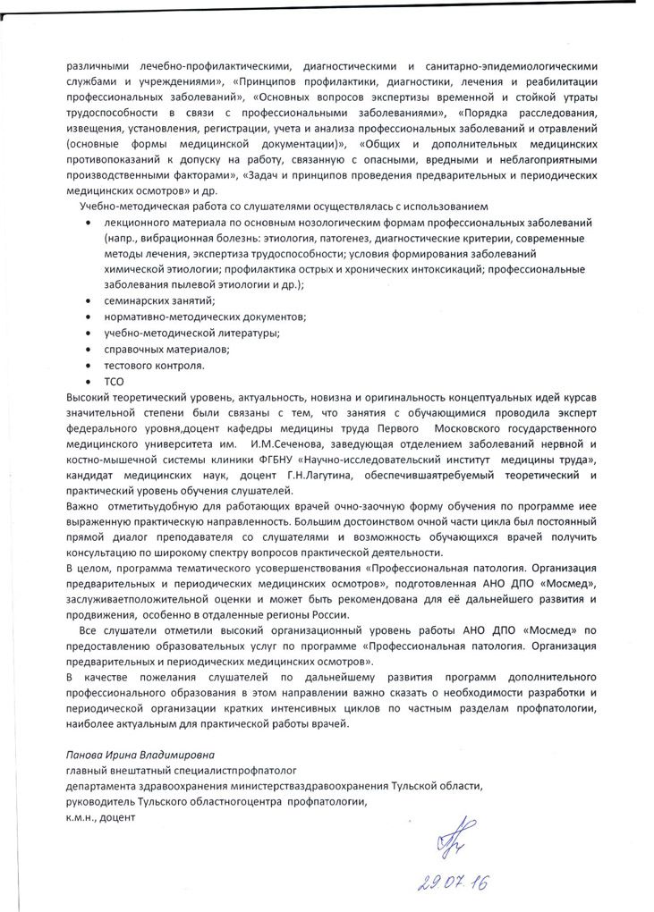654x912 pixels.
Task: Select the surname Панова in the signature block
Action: (x=83, y=754)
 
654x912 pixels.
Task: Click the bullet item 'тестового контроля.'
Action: (x=155, y=365)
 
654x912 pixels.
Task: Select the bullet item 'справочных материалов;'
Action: (x=161, y=349)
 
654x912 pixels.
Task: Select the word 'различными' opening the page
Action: (x=98, y=65)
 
